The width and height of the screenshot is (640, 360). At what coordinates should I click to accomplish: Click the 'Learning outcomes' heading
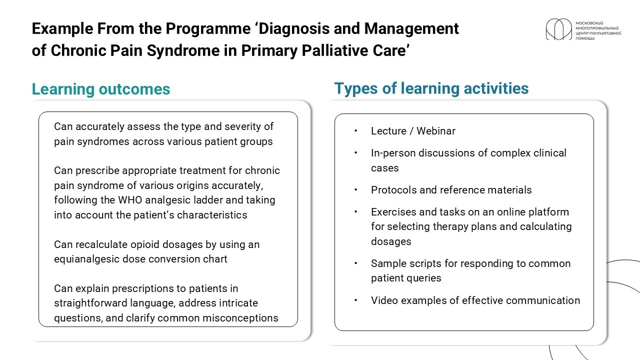(101, 89)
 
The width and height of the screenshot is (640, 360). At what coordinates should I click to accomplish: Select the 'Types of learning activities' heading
(431, 88)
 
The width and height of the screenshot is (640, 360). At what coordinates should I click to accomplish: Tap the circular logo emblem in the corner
(559, 29)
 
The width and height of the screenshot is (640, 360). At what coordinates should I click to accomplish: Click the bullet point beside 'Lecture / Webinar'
(355, 131)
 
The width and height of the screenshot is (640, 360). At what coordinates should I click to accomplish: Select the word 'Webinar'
(436, 131)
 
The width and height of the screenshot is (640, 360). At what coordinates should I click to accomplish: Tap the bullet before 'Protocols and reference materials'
(355, 189)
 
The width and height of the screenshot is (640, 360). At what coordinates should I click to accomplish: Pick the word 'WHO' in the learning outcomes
(130, 200)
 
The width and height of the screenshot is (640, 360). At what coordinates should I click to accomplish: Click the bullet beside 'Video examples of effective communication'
(355, 300)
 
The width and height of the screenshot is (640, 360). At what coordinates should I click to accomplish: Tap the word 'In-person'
(393, 153)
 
